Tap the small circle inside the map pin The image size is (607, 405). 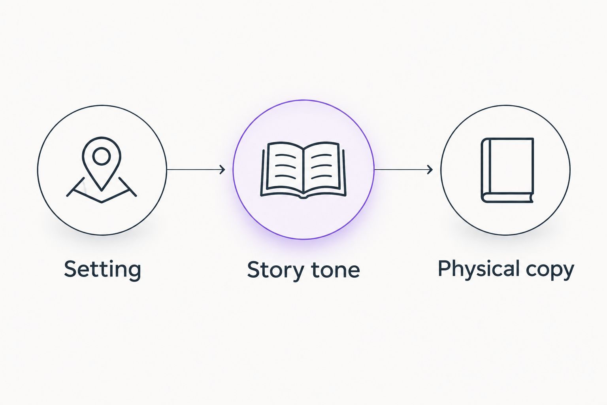(101, 156)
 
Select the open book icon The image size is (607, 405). (303, 170)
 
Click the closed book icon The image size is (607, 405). (507, 170)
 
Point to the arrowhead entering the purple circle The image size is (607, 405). (222, 170)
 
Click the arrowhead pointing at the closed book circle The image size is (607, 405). (430, 170)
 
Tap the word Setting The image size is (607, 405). (102, 269)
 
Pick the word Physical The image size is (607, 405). (479, 269)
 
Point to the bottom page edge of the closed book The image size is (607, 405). (509, 198)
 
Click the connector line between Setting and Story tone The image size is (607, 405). (196, 170)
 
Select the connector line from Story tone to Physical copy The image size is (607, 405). (403, 170)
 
